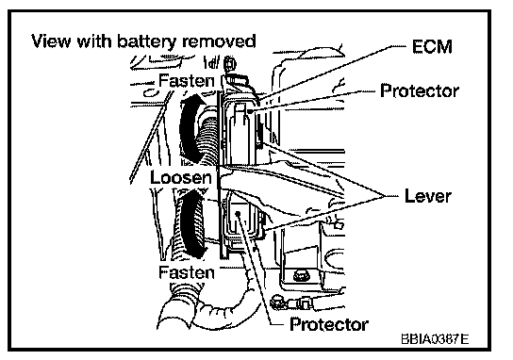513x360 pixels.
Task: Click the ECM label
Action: pos(432,47)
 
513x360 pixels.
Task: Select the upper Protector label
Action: pos(420,90)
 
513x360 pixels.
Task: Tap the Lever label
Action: pos(428,195)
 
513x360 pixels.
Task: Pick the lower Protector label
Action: pos(329,324)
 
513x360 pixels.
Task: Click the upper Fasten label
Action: pos(187,81)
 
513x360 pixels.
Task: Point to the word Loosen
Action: pos(181,177)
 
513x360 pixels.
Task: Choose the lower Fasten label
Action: pos(187,272)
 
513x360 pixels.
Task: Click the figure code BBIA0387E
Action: pos(435,339)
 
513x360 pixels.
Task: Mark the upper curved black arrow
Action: pos(190,128)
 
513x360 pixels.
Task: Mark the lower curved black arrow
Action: pos(191,225)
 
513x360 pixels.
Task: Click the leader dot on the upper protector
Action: pos(249,111)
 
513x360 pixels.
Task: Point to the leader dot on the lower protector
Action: pos(238,214)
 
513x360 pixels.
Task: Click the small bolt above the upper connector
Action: pos(231,63)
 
